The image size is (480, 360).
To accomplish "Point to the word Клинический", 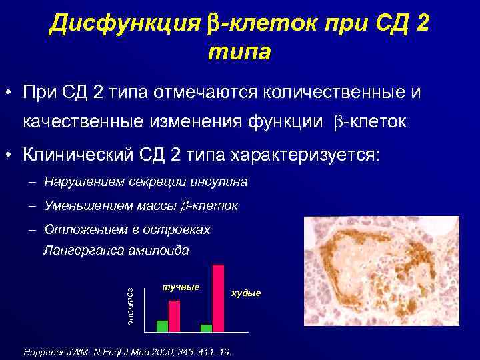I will click(83, 155).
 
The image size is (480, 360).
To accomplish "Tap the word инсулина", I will click(219, 181).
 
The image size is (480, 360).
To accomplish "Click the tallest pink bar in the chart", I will click(218, 298).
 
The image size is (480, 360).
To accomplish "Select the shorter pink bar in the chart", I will click(174, 316).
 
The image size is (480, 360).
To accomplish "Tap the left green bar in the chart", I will click(162, 326).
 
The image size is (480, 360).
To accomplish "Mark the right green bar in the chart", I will click(207, 328).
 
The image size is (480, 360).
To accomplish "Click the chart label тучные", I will click(181, 287).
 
